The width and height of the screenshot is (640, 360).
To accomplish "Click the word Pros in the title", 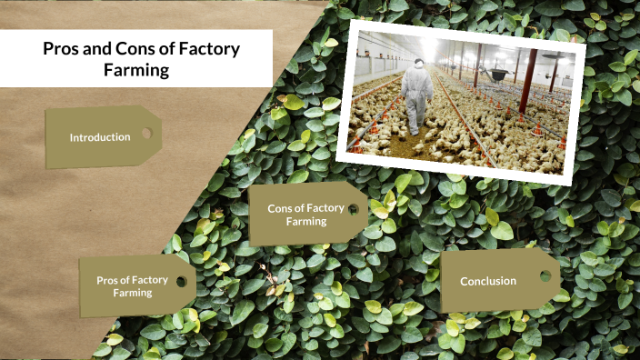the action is coord(62,49).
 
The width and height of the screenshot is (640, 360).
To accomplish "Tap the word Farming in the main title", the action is coord(135,70).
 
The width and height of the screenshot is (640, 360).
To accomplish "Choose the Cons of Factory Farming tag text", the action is coord(305,215).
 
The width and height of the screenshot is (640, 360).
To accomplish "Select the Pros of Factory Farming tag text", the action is coord(132,286).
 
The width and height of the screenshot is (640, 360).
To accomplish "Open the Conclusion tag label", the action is coord(488,281).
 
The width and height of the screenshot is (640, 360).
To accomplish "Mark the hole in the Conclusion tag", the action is coord(545,275).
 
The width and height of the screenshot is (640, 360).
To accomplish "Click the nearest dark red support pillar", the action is coord(528,81).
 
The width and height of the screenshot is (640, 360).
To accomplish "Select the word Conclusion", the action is coord(488,281).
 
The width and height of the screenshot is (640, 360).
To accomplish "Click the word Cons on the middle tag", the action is coord(280,208).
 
